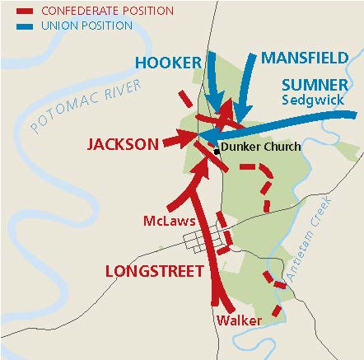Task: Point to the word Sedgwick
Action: click(x=315, y=101)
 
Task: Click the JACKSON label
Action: click(x=123, y=144)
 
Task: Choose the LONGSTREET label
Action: click(x=154, y=271)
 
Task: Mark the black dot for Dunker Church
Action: click(x=217, y=152)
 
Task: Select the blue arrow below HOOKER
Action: click(x=212, y=82)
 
